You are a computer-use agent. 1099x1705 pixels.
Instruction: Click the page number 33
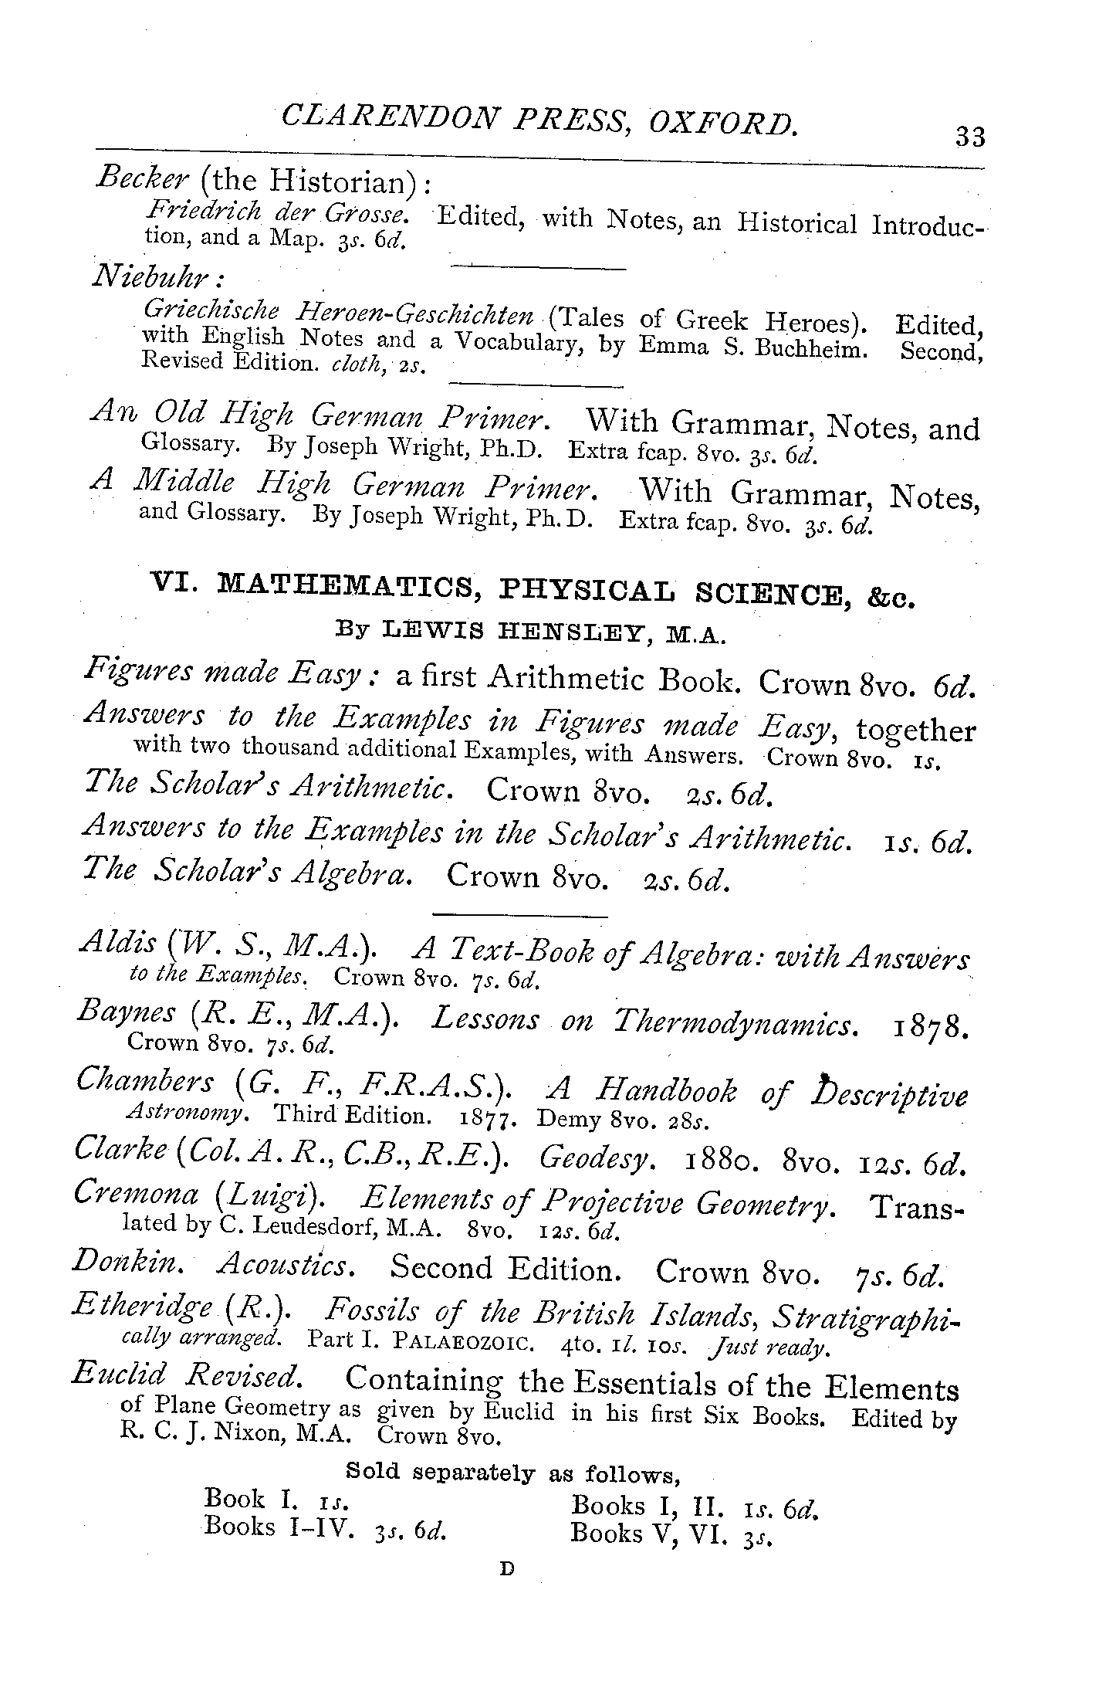point(969,137)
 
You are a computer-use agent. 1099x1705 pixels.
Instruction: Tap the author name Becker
point(143,178)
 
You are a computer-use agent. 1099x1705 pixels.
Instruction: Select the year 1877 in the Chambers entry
point(488,1118)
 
